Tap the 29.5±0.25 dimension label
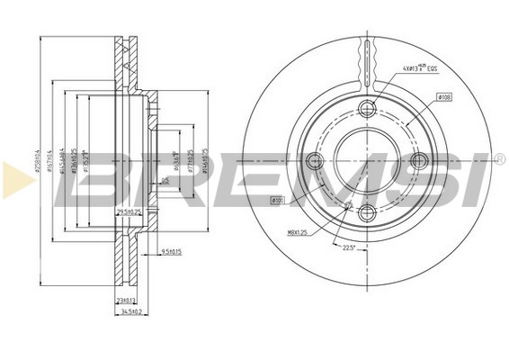pos(131,212)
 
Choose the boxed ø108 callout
pos(443,95)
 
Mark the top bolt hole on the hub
pos(366,109)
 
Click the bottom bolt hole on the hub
pos(366,212)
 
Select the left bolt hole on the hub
pos(314,161)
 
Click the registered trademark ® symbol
pos(499,160)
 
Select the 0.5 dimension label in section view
pos(165,181)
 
